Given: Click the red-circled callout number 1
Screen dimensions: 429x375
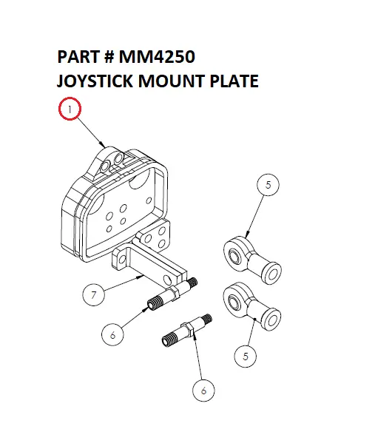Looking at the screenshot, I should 70,111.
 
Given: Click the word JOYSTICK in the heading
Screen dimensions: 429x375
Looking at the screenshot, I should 95,81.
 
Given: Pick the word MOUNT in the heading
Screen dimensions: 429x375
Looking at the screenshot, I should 174,81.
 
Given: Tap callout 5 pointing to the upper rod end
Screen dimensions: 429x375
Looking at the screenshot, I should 269,186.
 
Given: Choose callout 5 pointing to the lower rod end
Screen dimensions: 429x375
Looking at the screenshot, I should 245,357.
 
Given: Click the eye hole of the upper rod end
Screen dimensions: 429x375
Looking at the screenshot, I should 234,254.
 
